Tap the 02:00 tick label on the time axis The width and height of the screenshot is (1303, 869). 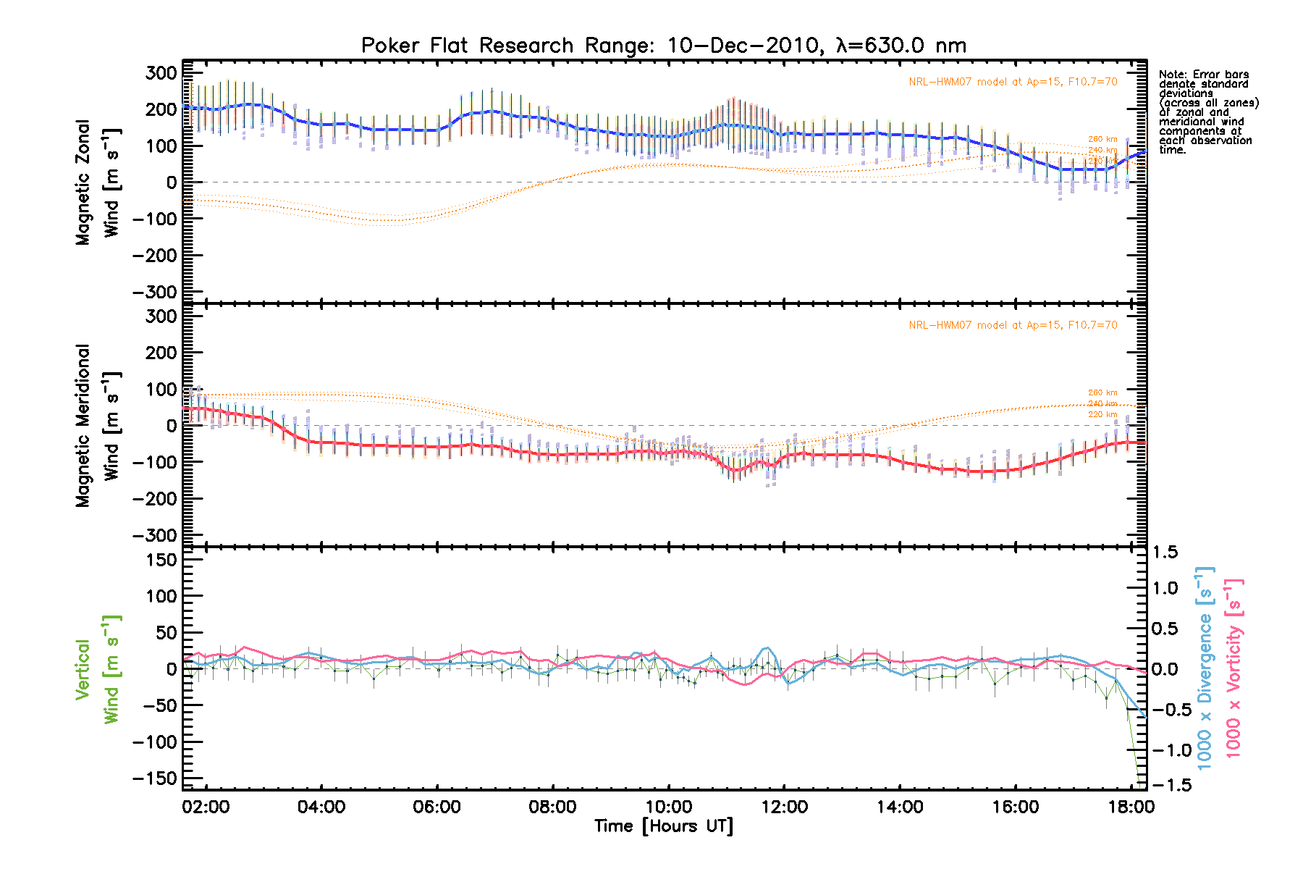(x=206, y=807)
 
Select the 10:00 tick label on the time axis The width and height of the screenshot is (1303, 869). (x=668, y=807)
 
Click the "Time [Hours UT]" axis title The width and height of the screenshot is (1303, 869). (x=664, y=826)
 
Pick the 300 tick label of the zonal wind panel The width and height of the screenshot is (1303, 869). (x=161, y=73)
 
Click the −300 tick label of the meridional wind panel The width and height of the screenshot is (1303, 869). (x=155, y=535)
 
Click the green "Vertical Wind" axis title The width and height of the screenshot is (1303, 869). (x=97, y=669)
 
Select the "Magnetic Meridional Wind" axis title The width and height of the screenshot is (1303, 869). (x=97, y=426)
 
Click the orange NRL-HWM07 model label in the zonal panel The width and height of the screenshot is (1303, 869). (x=1013, y=82)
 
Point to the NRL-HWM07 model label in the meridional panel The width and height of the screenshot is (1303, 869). (x=1013, y=325)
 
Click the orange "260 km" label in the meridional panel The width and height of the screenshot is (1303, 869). (x=1102, y=392)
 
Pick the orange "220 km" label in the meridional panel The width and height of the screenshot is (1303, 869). (x=1102, y=414)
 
